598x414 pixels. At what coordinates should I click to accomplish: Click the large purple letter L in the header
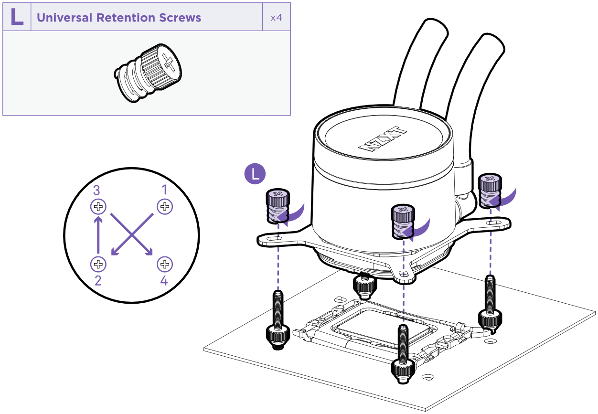tap(17, 17)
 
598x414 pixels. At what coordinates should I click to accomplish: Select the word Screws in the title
tap(182, 18)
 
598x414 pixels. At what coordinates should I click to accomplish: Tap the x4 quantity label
tap(276, 18)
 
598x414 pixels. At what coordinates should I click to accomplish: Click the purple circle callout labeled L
tap(255, 174)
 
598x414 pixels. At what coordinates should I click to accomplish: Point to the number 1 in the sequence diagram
tap(165, 190)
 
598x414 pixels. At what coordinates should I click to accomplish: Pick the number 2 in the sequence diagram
tap(98, 280)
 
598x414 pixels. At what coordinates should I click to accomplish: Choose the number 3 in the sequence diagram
tap(96, 191)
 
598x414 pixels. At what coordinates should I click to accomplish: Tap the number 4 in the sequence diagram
tap(164, 280)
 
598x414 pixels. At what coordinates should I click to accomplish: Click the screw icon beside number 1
tap(165, 207)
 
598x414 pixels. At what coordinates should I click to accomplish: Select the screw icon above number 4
tap(165, 264)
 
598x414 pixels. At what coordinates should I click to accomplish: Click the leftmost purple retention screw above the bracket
tap(276, 206)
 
